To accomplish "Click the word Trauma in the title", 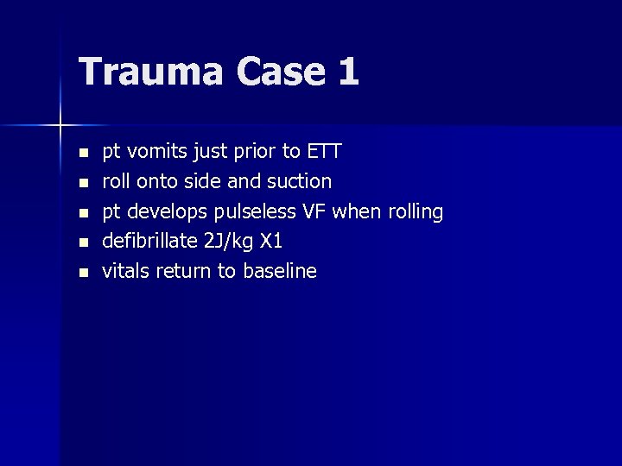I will click(139, 71).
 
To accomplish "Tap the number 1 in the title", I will click(347, 71).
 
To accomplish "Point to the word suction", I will click(299, 181).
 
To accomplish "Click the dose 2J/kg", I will click(228, 242).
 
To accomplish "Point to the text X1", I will click(271, 241).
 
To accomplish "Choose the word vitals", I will click(125, 271).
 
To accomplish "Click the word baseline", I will click(280, 271).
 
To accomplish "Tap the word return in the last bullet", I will click(183, 271).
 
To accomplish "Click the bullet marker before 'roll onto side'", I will click(83, 183).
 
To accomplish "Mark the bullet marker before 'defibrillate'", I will click(83, 242).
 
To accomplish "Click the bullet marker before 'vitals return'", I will click(83, 273).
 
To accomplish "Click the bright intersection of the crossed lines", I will click(60, 126).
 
